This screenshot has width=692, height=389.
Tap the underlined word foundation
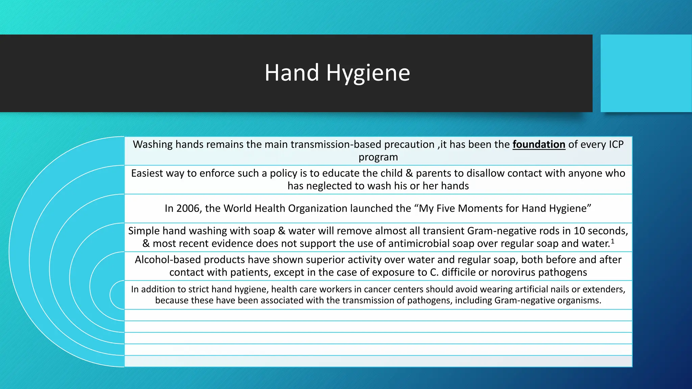[x=539, y=145]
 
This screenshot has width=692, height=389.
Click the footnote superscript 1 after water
[x=612, y=241]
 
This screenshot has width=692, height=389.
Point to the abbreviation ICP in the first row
[x=616, y=145]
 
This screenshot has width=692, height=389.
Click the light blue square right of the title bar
[x=646, y=73]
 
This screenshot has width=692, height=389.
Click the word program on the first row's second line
[x=378, y=157]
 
